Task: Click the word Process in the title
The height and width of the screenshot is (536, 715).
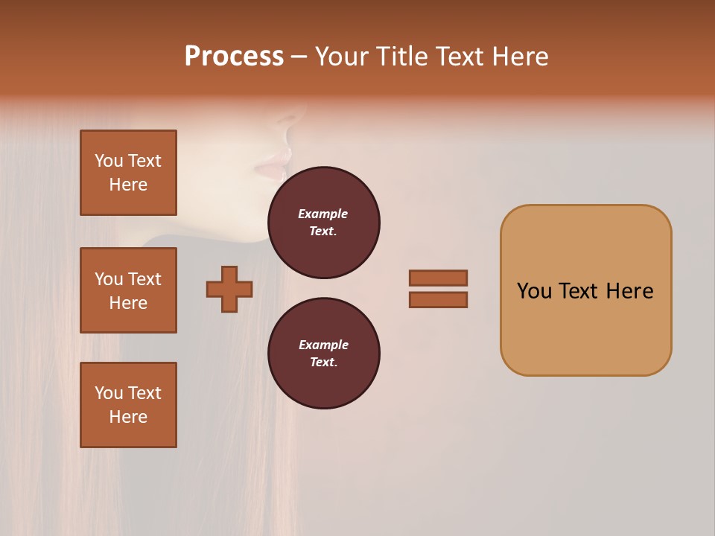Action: pos(234,57)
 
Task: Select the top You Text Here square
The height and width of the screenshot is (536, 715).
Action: pos(128,173)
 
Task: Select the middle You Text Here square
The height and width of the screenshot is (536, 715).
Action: pos(128,290)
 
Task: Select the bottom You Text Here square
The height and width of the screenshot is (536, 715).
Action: pos(128,405)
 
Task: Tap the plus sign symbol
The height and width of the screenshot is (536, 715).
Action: pos(229,289)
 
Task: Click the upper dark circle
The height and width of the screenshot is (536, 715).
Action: pos(324,223)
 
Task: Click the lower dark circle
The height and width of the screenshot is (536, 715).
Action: pos(324,354)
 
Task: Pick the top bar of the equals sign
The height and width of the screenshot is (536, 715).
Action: pos(438,278)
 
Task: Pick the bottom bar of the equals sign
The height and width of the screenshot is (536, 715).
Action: pos(438,300)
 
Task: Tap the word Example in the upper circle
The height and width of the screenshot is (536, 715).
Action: pos(322,214)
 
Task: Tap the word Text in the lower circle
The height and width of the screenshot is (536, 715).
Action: pos(322,362)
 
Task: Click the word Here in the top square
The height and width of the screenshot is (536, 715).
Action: pos(128,185)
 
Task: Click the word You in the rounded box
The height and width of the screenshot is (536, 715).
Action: pos(534,291)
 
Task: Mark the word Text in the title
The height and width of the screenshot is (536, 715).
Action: pos(460,57)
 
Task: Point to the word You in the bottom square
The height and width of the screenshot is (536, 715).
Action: pos(109,393)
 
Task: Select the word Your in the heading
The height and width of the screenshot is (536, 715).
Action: pos(342,57)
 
